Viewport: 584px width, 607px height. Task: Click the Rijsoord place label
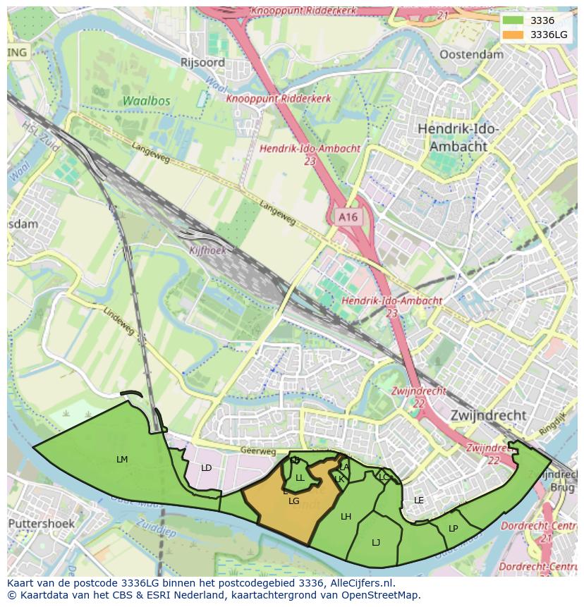click(x=202, y=63)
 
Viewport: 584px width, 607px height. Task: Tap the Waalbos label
click(x=146, y=101)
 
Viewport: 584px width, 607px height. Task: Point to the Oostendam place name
click(x=471, y=54)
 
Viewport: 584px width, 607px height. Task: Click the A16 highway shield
click(x=348, y=218)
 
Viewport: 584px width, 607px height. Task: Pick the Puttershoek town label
click(x=41, y=524)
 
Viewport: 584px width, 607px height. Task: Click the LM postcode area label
click(x=122, y=460)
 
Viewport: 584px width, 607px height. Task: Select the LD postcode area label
click(x=206, y=468)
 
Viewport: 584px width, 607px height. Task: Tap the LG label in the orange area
click(x=294, y=501)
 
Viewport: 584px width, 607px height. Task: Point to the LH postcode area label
click(x=346, y=517)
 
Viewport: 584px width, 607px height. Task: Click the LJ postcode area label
click(x=376, y=542)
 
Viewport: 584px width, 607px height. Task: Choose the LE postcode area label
click(x=419, y=501)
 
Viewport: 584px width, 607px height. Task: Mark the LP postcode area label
click(x=453, y=528)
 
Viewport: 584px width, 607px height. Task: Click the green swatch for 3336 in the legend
click(x=513, y=20)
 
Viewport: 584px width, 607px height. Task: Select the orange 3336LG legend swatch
click(x=513, y=35)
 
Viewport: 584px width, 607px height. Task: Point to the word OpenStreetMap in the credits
click(x=380, y=595)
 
